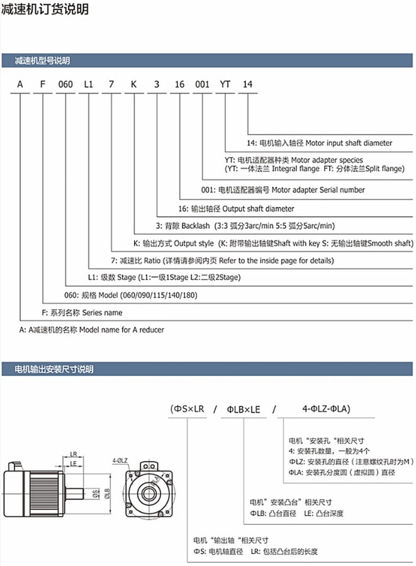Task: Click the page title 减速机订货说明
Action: (45, 9)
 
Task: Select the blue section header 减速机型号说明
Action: (43, 61)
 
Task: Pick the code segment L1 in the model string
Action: (89, 84)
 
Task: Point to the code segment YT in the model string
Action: (225, 84)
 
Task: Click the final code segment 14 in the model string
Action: (247, 84)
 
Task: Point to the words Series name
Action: (102, 313)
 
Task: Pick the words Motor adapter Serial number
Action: (317, 189)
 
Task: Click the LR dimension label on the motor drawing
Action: (74, 453)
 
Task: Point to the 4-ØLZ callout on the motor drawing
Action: (120, 460)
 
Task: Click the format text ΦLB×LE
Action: (243, 409)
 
